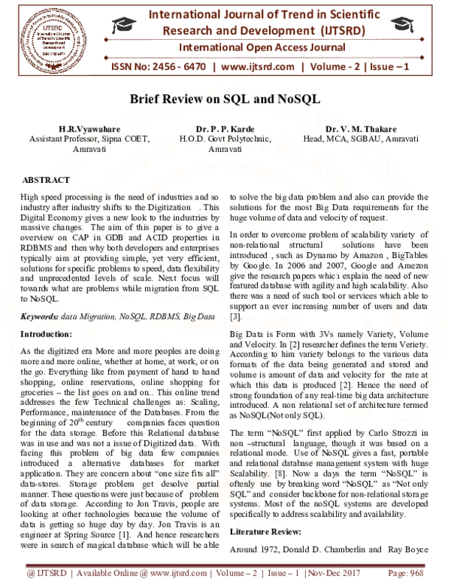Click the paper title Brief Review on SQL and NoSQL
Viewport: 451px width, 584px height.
[x=225, y=100]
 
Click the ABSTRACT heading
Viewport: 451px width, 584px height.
[x=47, y=181]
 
